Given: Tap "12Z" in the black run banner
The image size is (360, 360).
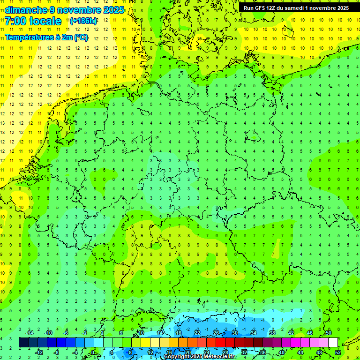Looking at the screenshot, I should pos(273,8).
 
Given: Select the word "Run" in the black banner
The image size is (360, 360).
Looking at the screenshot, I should pos(249,8).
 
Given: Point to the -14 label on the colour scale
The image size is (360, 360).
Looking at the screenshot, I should pos(30,333).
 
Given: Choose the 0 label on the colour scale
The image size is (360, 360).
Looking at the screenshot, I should pos(93,352).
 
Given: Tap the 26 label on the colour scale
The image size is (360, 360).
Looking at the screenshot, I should pos(216,333).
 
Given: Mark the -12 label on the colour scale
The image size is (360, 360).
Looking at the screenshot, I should pos(39,352).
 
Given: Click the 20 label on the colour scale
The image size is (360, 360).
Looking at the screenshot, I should pos(187,352).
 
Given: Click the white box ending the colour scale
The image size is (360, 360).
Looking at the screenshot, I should pos(333,343).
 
